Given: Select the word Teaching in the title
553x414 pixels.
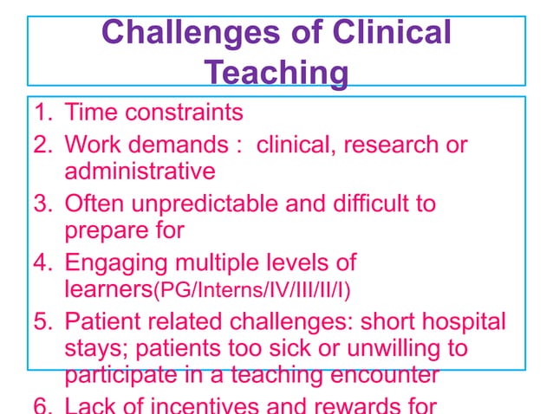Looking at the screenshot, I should [x=276, y=74].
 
